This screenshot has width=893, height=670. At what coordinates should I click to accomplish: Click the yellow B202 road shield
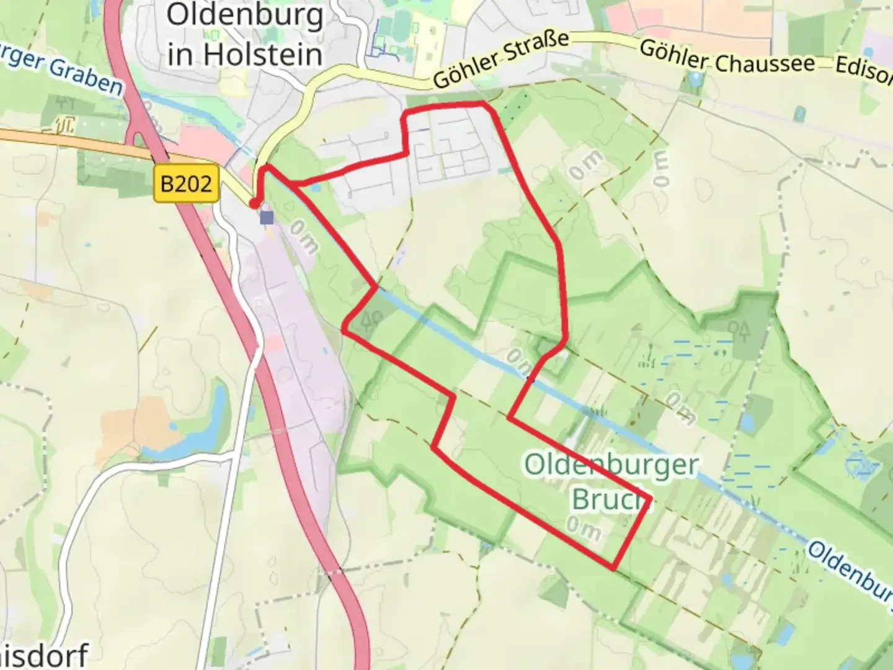point(186,184)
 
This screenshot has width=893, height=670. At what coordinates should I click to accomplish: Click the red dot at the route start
point(254,203)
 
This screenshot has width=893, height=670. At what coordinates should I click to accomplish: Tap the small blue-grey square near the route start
point(267,218)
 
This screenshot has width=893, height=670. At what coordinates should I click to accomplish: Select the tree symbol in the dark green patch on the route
point(371,319)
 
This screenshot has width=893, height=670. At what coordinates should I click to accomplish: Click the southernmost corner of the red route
point(613,568)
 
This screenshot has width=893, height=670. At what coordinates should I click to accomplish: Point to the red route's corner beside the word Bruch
point(650,499)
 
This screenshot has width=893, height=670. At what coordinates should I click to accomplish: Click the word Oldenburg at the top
point(245,15)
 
